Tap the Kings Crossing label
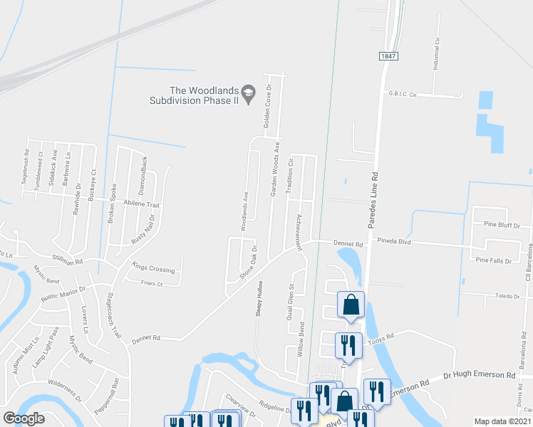[x=153, y=269]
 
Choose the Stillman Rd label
[x=68, y=260]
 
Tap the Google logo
[x=24, y=418]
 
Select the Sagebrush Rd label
[x=26, y=164]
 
